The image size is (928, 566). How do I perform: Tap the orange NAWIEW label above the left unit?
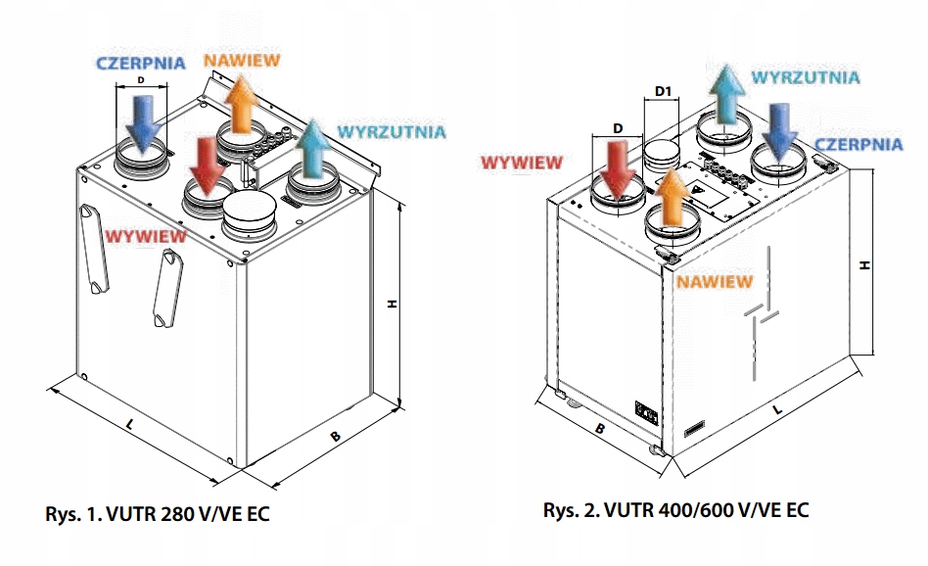(x=242, y=60)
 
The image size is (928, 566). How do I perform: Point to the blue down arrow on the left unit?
(x=147, y=121)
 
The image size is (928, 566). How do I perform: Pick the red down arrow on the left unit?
(x=207, y=165)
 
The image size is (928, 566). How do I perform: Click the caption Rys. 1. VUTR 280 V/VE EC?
(x=156, y=513)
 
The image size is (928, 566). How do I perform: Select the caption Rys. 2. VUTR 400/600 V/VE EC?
(x=676, y=511)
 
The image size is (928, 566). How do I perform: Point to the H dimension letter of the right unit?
(x=864, y=264)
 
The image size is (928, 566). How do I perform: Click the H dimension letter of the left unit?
(x=390, y=305)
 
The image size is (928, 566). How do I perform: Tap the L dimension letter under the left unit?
(x=130, y=424)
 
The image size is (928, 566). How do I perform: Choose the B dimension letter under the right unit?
(x=601, y=428)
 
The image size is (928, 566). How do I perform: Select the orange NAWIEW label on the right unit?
(x=715, y=281)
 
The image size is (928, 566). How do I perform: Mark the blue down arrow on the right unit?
(x=782, y=129)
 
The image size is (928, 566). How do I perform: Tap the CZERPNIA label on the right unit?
(x=859, y=144)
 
